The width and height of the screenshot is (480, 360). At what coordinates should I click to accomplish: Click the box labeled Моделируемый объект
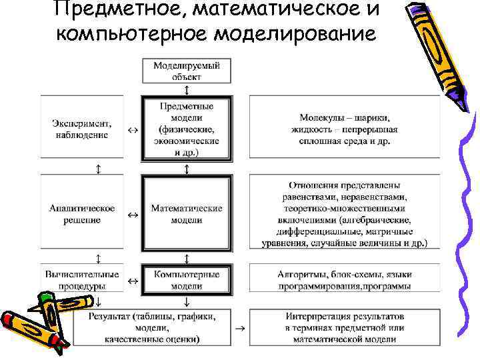pyautogui.click(x=187, y=71)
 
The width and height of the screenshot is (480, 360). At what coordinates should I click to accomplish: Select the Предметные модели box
pyautogui.click(x=187, y=129)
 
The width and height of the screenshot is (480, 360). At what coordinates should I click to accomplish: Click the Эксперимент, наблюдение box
pyautogui.click(x=81, y=129)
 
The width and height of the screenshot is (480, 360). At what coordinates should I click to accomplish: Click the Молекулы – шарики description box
pyautogui.click(x=345, y=129)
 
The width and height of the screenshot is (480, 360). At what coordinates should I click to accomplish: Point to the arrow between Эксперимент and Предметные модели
pyautogui.click(x=132, y=129)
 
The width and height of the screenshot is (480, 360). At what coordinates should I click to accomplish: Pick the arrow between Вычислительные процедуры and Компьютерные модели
pyautogui.click(x=132, y=281)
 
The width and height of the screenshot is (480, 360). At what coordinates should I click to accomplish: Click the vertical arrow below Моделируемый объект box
pyautogui.click(x=187, y=89)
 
